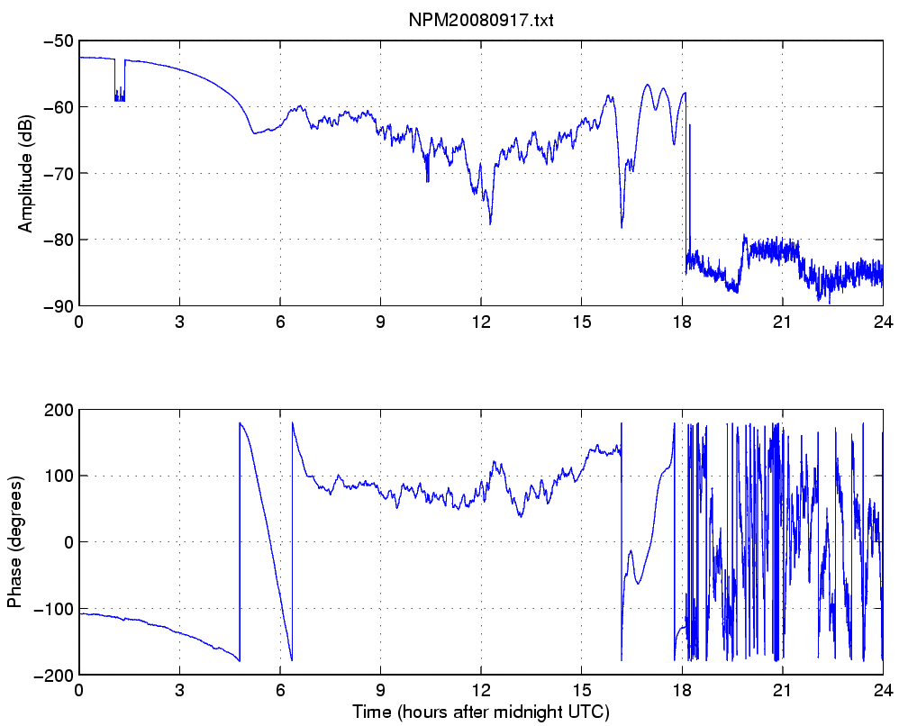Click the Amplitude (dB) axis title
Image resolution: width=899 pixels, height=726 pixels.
(x=25, y=173)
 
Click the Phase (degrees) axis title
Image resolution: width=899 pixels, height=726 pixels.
(x=14, y=541)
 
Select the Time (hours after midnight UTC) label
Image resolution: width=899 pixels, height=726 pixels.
(x=481, y=712)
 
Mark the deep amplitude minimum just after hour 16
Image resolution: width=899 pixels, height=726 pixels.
(x=622, y=225)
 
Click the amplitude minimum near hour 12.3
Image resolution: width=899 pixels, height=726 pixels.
(x=490, y=222)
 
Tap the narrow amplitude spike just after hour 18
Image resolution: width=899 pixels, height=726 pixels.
(x=690, y=127)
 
